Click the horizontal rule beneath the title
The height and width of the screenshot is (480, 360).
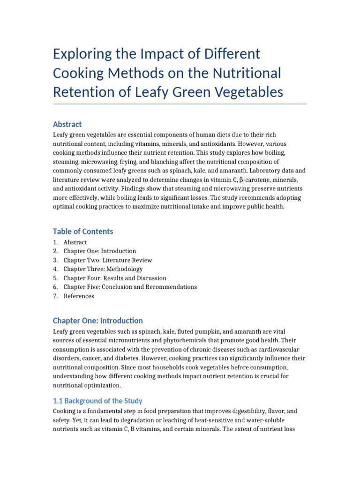180,104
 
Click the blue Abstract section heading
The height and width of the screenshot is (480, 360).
67,124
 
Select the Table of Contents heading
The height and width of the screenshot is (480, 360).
83,231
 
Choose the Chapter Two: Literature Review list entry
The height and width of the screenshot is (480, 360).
108,260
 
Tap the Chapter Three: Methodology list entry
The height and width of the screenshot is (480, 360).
103,269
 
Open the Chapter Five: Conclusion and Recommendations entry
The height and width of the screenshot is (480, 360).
130,287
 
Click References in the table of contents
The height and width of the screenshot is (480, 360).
79,296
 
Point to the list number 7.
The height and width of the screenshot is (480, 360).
55,296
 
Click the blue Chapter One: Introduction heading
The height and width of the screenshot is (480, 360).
98,321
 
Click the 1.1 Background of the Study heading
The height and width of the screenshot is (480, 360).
97,401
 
